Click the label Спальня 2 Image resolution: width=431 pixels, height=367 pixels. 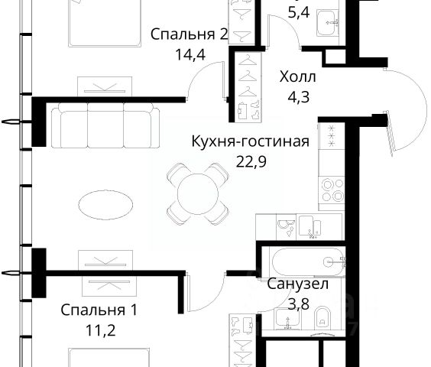[189, 35]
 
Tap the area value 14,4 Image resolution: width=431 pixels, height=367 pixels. [190, 55]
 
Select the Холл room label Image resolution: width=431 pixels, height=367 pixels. [298, 76]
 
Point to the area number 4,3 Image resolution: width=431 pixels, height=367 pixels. [298, 97]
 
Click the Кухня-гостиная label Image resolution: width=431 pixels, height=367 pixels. [250, 141]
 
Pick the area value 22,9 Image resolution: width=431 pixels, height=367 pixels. [251, 162]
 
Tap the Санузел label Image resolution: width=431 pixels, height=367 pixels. [298, 284]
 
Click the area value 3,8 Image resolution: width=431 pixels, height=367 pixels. [299, 304]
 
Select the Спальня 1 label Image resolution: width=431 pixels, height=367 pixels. [99, 310]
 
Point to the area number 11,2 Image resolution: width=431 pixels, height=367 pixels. [100, 330]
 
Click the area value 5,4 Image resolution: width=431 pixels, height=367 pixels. [299, 12]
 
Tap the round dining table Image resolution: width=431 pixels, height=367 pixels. [198, 193]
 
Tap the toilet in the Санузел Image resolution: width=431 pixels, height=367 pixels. [322, 318]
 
